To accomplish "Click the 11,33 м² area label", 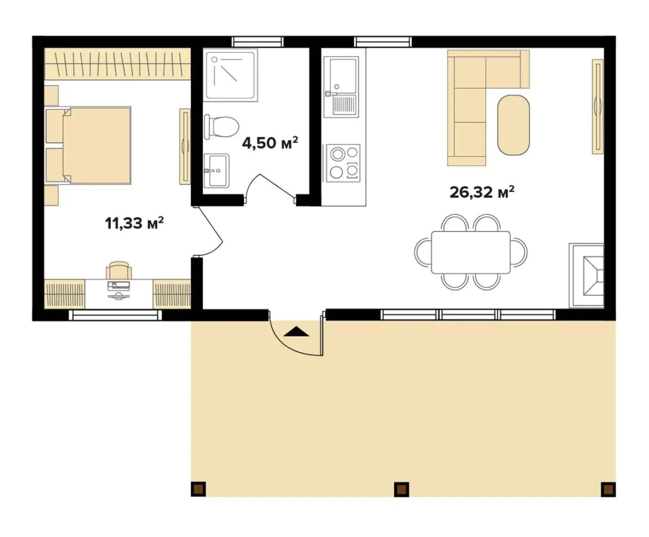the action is tap(135, 223).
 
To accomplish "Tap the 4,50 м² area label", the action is tap(270, 143).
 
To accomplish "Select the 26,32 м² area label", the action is tap(482, 192).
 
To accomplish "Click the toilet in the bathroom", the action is tap(221, 126).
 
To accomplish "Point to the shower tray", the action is tap(230, 75).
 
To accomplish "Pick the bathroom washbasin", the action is tap(217, 170).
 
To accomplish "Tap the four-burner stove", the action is tap(343, 163).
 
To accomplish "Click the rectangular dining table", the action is tap(471, 252).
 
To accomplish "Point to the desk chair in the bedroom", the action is tap(119, 270).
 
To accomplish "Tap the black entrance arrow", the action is tap(297, 331).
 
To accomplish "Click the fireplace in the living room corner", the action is tap(586, 276).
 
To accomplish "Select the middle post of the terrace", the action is tap(401, 489).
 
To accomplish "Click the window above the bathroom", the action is tap(258, 42).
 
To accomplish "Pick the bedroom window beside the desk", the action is tap(116, 315).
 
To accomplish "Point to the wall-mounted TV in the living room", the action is tap(597, 106).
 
